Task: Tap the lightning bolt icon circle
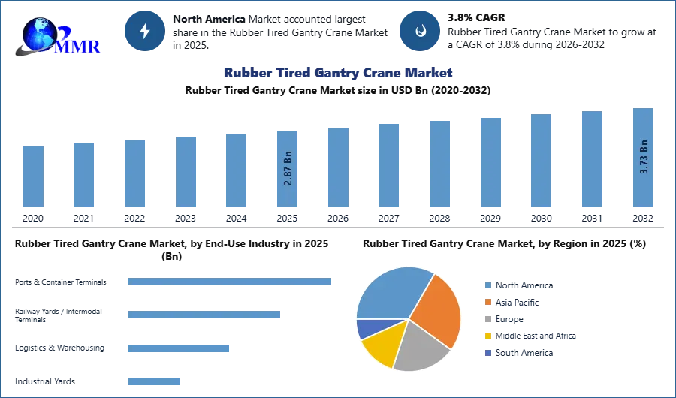[x=145, y=30]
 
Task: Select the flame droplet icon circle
[x=420, y=31]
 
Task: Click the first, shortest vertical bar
[x=32, y=177]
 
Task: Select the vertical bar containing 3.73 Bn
[x=643, y=158]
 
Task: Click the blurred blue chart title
[x=338, y=73]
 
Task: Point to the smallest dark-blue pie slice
[x=368, y=327]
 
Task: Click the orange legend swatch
[x=487, y=302]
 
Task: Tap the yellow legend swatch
[x=487, y=336]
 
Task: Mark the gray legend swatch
[x=487, y=319]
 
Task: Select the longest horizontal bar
[x=231, y=282]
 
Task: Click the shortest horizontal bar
[x=153, y=381]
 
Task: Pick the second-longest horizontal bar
[x=204, y=312]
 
